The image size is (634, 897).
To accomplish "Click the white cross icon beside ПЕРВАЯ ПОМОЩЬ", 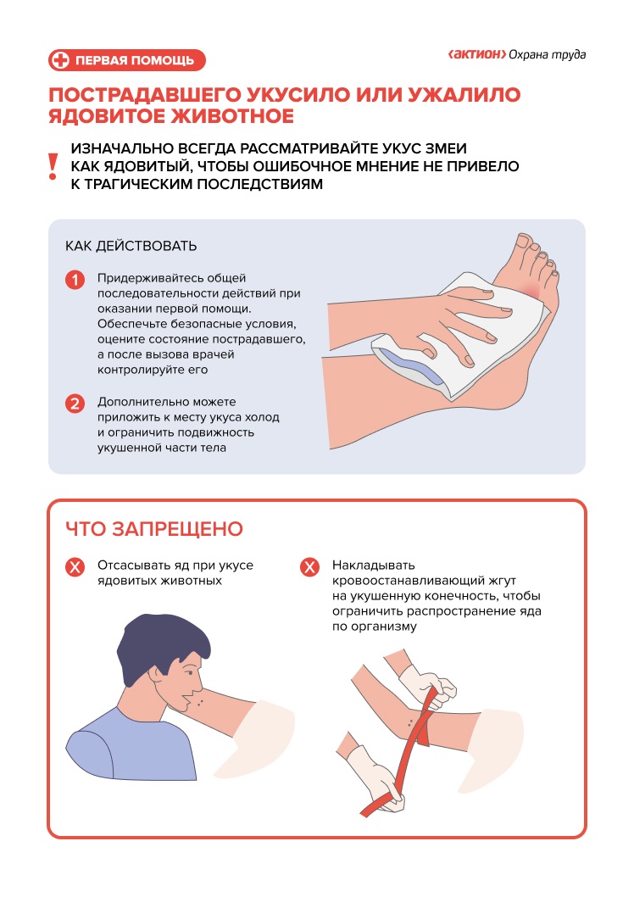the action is click(x=59, y=60).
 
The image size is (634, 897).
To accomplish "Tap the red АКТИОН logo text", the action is click(x=477, y=54).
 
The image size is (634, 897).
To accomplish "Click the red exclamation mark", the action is click(x=53, y=166).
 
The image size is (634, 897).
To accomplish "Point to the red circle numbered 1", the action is click(x=75, y=281).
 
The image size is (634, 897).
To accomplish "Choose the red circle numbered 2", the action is click(x=75, y=404).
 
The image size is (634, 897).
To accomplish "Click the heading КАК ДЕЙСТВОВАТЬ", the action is click(x=131, y=246).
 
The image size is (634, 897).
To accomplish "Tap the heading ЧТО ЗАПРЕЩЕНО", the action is click(x=154, y=528).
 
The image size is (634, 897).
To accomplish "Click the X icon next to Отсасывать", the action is click(x=75, y=567).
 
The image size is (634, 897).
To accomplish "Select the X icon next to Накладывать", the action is click(x=310, y=567).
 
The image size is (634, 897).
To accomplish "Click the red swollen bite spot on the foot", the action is click(x=531, y=289).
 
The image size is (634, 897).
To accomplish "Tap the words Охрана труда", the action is click(x=547, y=54).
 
